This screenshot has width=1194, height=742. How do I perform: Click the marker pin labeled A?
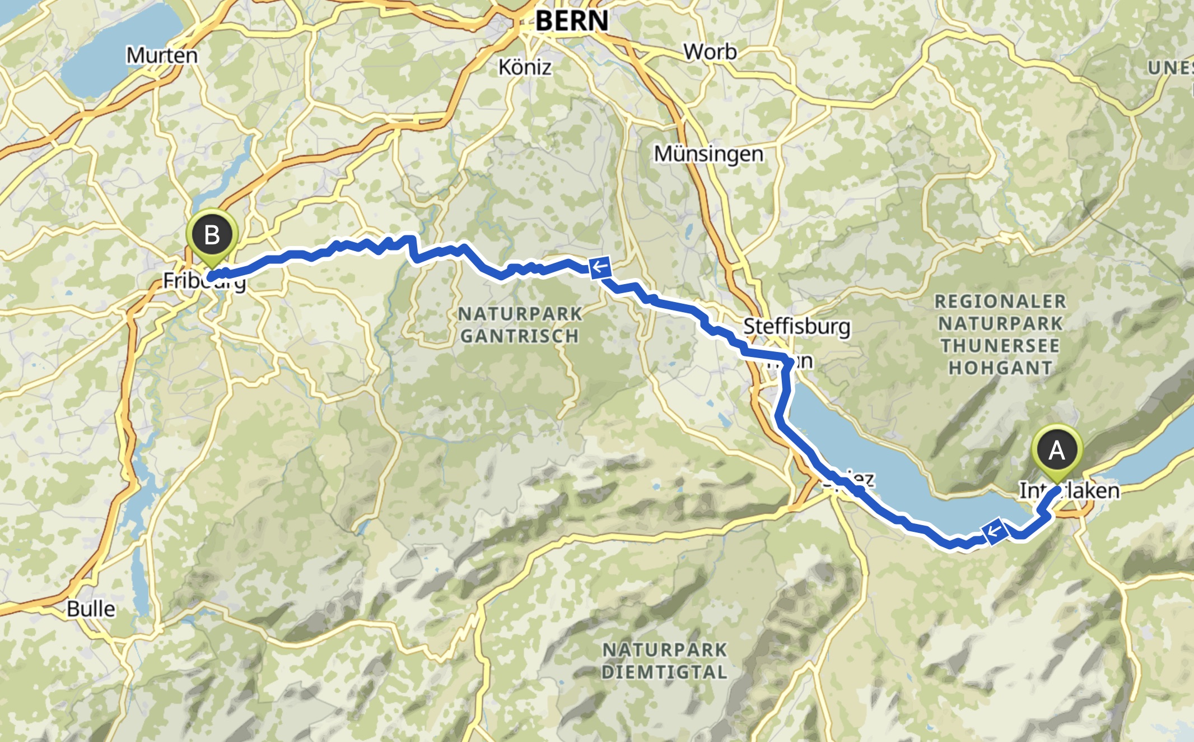(x=1057, y=451)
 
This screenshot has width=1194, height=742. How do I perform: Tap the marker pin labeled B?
(x=212, y=235)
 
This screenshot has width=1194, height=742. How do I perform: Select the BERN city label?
(x=571, y=21)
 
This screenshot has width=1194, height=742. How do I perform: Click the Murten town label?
(x=162, y=55)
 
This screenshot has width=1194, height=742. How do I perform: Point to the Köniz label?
(x=525, y=67)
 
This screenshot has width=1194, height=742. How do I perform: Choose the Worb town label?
(x=710, y=52)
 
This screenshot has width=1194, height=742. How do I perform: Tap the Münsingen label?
(x=708, y=154)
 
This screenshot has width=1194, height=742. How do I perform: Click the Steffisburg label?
(x=796, y=326)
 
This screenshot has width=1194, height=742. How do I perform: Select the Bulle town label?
(x=91, y=609)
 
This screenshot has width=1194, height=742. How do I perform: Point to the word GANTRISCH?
(x=519, y=336)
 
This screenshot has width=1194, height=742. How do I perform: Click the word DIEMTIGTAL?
(x=664, y=672)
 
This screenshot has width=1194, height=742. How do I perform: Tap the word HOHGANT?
(x=1000, y=368)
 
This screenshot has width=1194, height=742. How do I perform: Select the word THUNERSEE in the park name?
(x=1000, y=346)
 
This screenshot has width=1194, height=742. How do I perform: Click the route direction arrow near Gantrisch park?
(x=600, y=267)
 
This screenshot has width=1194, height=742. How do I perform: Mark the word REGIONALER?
(x=1000, y=302)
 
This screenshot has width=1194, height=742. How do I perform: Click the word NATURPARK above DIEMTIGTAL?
(x=664, y=650)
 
